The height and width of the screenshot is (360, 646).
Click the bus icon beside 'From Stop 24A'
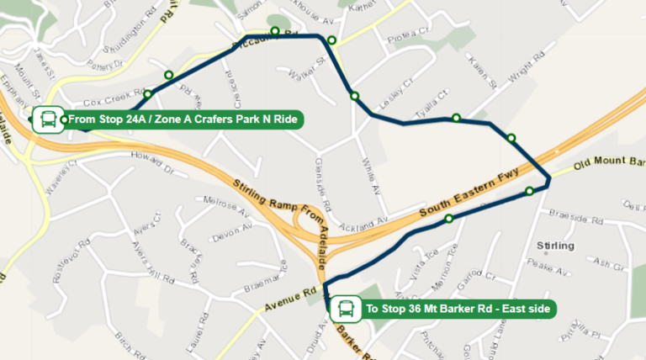tap(46, 119)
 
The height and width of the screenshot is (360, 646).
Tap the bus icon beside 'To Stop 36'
tap(345, 309)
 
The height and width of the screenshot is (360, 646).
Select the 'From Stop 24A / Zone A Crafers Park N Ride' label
tap(183, 120)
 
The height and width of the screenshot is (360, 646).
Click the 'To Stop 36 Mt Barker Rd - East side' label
tap(458, 310)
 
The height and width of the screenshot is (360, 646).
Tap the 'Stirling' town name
tap(554, 246)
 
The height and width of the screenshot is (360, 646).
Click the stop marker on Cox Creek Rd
tap(148, 94)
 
